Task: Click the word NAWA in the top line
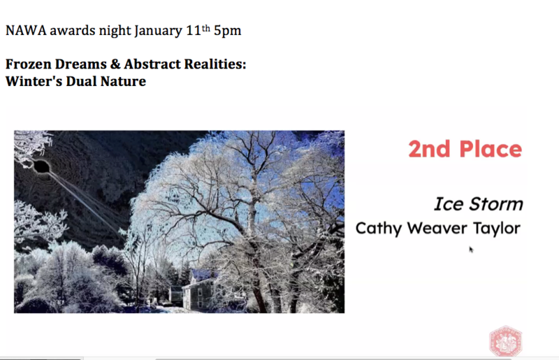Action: tap(26, 31)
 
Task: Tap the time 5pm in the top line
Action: tap(228, 31)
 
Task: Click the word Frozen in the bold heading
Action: tap(29, 64)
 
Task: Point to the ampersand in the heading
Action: tap(115, 64)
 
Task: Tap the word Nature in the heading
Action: tap(123, 81)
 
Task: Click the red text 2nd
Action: tap(429, 149)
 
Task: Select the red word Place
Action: tap(491, 149)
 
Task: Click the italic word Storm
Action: tap(496, 204)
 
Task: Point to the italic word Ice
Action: tap(449, 204)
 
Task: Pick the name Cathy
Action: tap(378, 229)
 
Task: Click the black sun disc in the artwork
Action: tap(41, 166)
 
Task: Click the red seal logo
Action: tap(505, 340)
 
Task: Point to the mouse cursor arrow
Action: tap(471, 250)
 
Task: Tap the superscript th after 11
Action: tap(206, 29)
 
